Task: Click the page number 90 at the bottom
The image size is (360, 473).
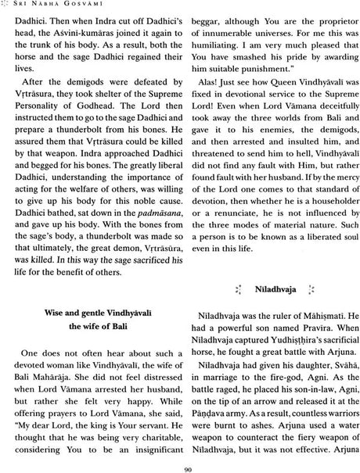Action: [x=181, y=468]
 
